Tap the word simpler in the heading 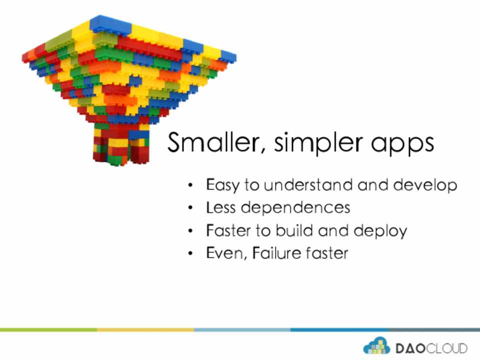click(318, 143)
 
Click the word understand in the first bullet click(308, 184)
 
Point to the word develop click(425, 185)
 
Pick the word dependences click(295, 208)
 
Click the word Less click(220, 207)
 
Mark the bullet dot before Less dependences click(190, 208)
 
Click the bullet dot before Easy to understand click(190, 185)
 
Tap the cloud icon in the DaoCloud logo click(376, 345)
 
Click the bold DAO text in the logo click(410, 348)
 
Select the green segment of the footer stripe click(48, 329)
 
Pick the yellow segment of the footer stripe click(145, 329)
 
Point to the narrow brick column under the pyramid click(121, 143)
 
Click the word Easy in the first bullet click(222, 185)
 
